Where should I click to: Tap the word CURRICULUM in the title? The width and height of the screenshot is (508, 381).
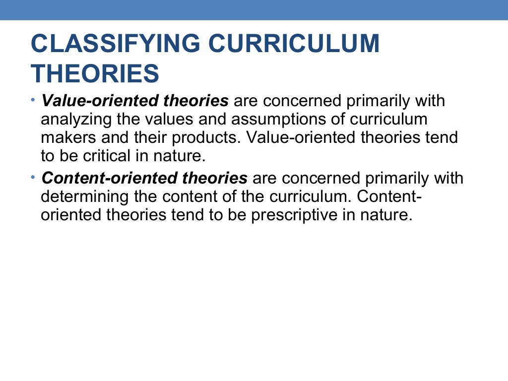click(x=294, y=44)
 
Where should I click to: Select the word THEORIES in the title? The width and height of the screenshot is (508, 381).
click(x=95, y=73)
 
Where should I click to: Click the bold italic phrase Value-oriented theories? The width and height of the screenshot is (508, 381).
click(x=135, y=101)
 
